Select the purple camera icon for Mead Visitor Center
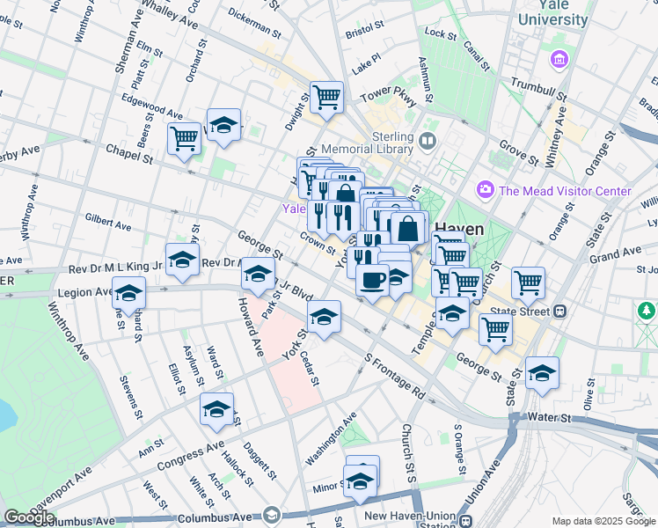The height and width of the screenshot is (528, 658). tap(484, 190)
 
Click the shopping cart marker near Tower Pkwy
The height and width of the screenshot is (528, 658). tap(326, 97)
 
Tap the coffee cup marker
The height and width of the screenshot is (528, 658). tap(372, 281)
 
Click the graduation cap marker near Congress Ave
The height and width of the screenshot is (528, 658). tap(216, 409)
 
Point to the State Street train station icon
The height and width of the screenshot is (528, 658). tap(559, 311)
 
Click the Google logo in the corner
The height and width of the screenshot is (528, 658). tap(29, 517)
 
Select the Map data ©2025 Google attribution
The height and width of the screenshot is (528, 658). tap(603, 521)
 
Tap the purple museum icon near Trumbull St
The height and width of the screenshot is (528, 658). tap(558, 59)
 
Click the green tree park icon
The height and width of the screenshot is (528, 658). tap(647, 311)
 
